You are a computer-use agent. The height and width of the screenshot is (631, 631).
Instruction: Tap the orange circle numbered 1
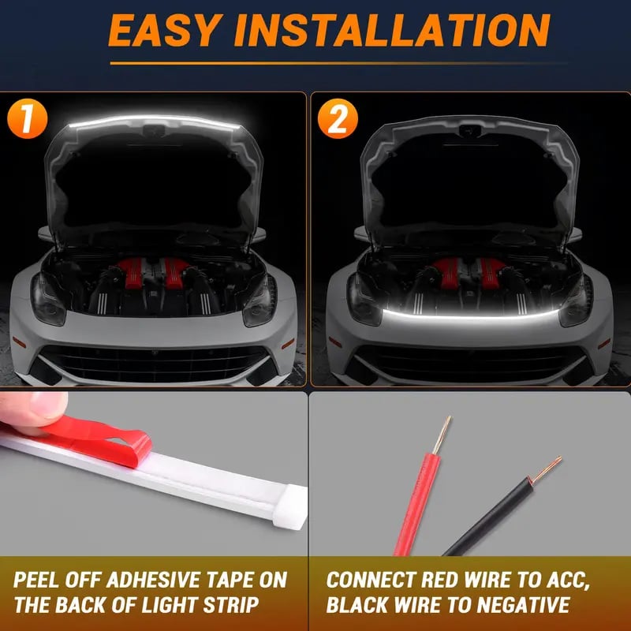[28, 119]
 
